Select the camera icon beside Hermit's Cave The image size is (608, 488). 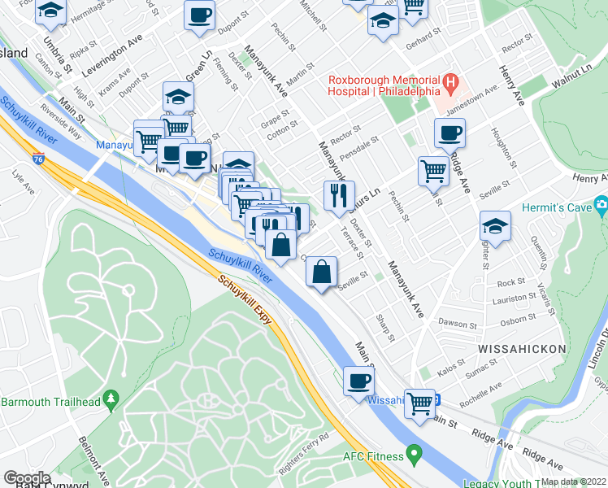click(601, 203)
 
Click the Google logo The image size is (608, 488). click(27, 477)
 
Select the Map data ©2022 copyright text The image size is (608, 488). click(573, 481)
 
